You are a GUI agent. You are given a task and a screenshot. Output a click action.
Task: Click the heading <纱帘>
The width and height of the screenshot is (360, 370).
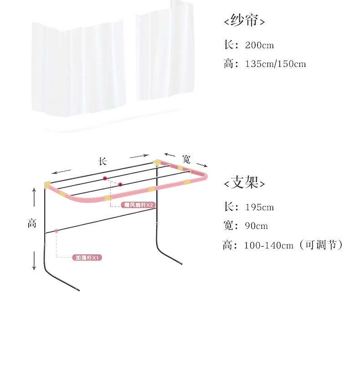[244, 21]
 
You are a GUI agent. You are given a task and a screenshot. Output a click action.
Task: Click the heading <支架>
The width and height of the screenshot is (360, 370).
[244, 183]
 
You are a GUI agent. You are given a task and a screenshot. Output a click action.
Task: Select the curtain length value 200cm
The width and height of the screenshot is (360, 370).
[259, 45]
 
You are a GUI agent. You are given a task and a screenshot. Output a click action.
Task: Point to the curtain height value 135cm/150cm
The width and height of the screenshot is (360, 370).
[275, 64]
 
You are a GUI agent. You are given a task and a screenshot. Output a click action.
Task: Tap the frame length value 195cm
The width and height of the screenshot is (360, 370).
[259, 208]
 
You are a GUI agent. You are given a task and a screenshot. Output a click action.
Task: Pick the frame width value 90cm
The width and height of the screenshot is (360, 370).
[256, 226]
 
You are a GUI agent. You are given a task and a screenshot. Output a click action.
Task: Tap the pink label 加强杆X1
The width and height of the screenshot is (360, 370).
[87, 258]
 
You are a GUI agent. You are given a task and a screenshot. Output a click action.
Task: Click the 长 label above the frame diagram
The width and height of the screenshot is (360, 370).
[103, 161]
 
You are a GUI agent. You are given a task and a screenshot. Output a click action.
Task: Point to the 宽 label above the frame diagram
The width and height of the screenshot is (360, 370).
[186, 159]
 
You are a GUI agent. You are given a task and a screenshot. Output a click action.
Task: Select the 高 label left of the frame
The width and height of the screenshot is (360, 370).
[32, 223]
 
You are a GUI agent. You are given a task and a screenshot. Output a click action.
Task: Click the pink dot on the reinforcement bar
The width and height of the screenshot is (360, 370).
[56, 231]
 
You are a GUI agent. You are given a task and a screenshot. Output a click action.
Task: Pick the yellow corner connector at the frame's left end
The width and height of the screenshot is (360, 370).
[47, 184]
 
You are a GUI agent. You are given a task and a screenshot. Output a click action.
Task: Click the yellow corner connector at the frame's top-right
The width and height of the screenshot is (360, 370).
[157, 162]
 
